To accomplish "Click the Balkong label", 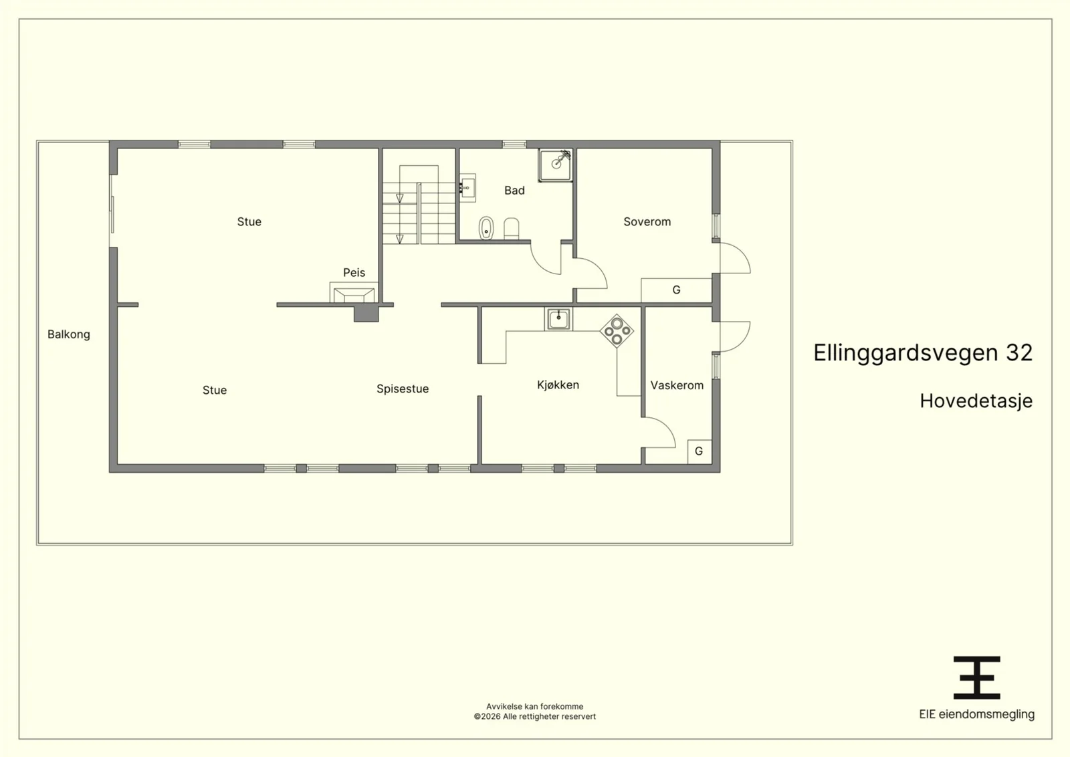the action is (x=69, y=334).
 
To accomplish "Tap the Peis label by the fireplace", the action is (x=354, y=273).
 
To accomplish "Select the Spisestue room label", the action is (x=402, y=389).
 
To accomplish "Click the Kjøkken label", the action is (x=558, y=385).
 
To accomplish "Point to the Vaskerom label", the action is (x=677, y=385).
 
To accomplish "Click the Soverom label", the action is (x=647, y=221).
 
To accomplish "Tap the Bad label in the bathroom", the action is (x=514, y=191).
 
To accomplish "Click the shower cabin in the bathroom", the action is (x=556, y=165).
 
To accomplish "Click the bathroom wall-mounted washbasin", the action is (x=467, y=188).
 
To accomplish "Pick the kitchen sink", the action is (x=558, y=319).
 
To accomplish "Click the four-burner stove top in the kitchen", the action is (x=617, y=331).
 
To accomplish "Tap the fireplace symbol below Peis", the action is (x=354, y=292).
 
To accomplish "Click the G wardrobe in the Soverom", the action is (x=676, y=290).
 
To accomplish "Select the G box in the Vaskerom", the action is (x=700, y=451).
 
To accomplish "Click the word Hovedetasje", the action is (x=976, y=401).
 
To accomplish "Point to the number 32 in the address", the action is (x=1019, y=353).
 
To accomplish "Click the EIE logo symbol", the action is (x=977, y=677).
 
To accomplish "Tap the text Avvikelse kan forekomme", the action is (x=534, y=706).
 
